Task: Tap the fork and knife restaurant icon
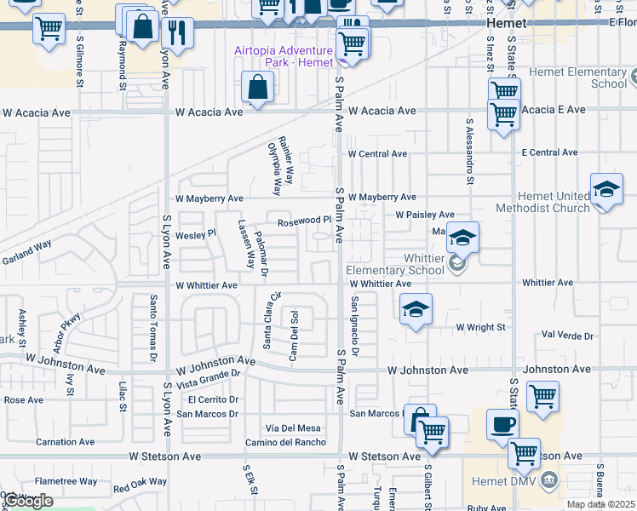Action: [x=177, y=33]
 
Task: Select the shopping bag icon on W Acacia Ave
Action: [x=257, y=87]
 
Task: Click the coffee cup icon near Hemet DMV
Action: [x=502, y=424]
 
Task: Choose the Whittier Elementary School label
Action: [x=395, y=264]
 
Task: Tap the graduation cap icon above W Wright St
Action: [x=416, y=309]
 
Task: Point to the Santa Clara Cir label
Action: [x=271, y=321]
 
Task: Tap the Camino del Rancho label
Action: [x=285, y=442]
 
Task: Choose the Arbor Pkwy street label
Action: [x=66, y=333]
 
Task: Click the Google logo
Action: [x=29, y=502]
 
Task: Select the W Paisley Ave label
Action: [x=424, y=215]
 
